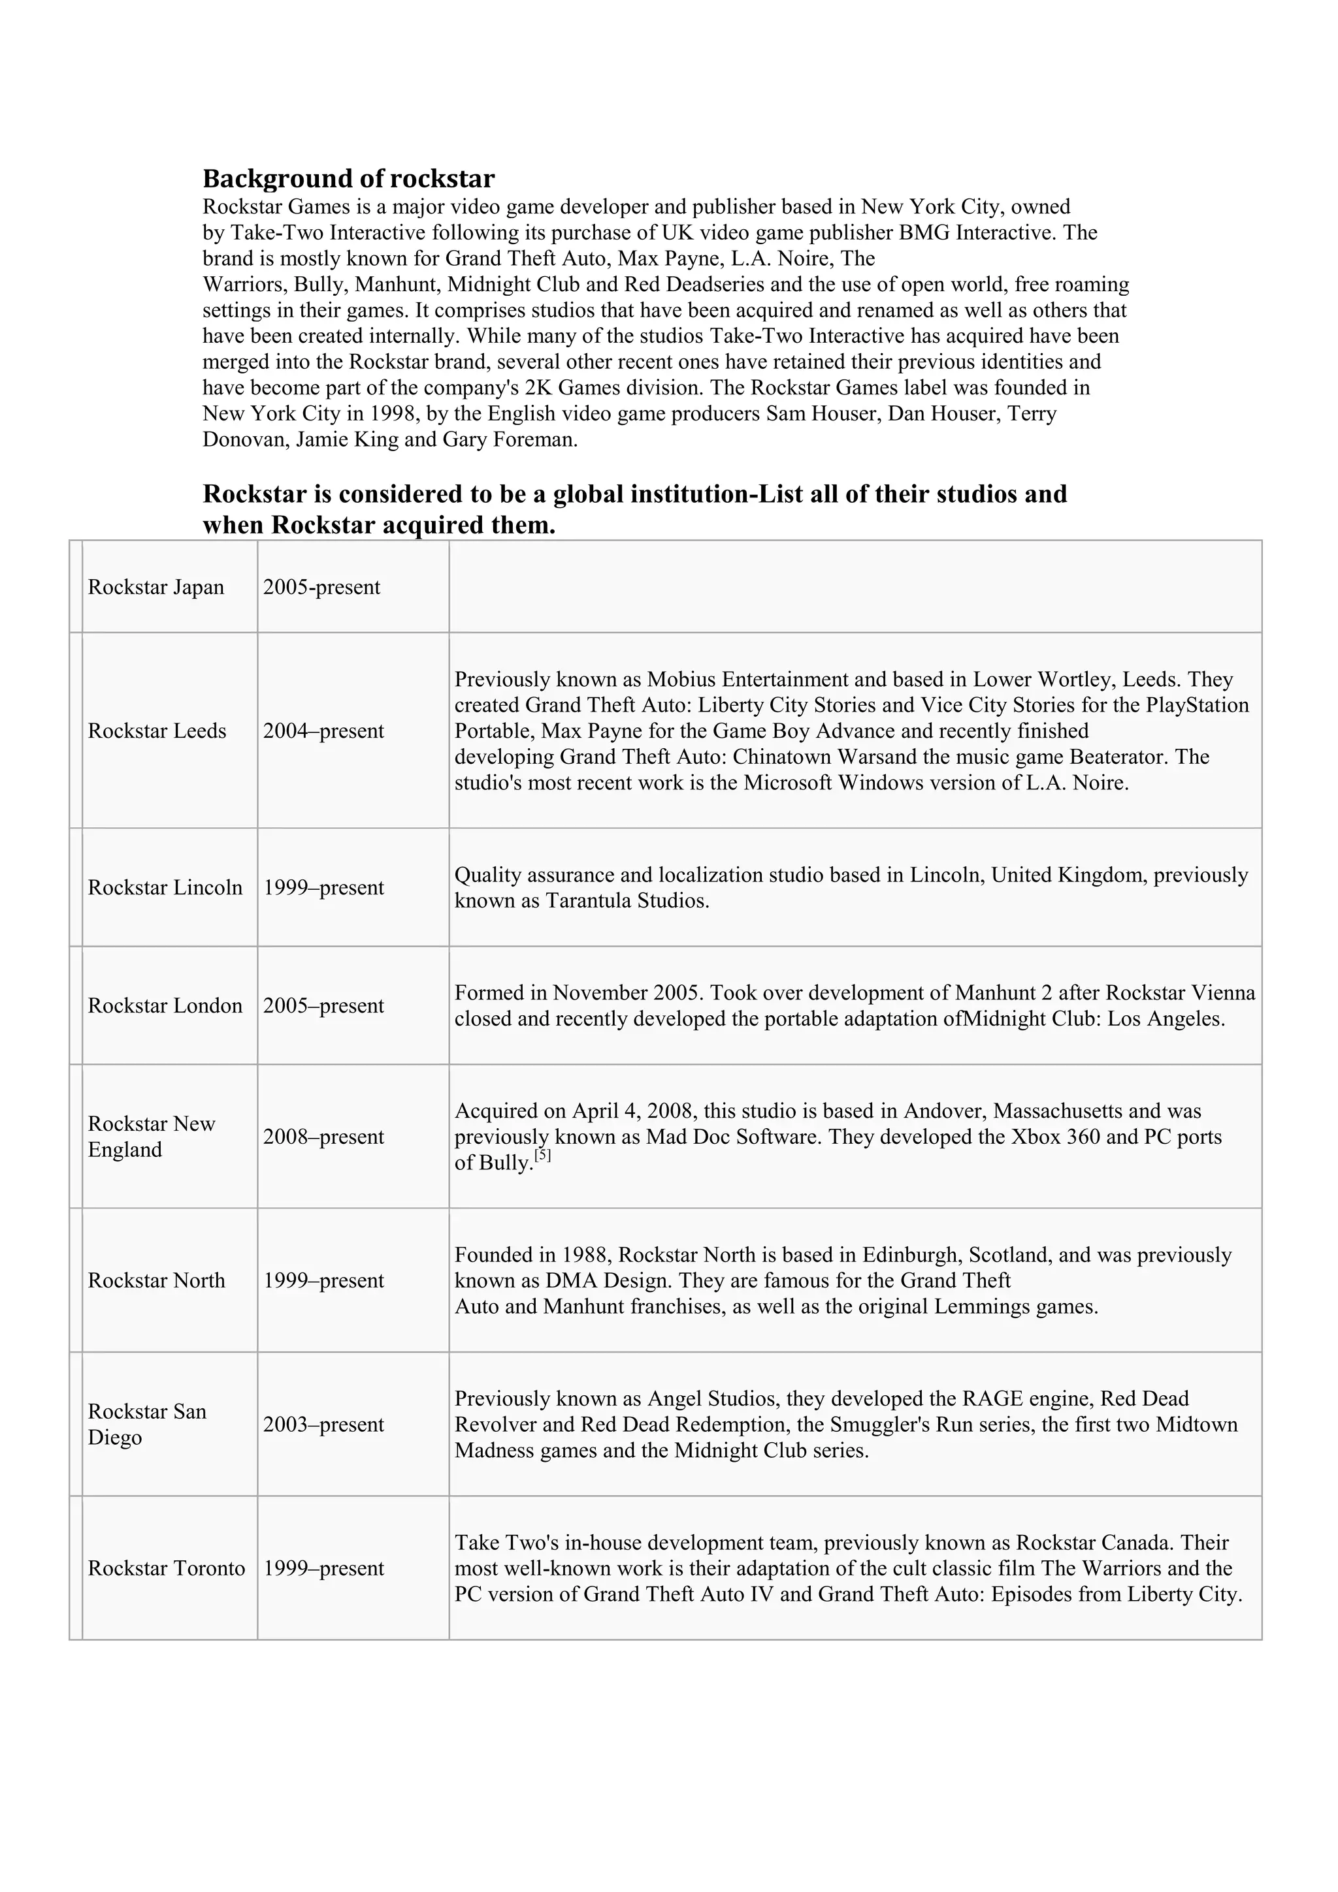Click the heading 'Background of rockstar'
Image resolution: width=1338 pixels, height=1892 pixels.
[349, 179]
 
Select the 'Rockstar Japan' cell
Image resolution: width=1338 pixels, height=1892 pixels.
[155, 588]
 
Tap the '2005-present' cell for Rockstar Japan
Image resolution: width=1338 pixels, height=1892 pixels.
[321, 588]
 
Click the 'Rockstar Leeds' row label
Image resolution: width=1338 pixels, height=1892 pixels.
[157, 731]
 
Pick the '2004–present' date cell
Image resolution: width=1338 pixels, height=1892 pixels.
[323, 731]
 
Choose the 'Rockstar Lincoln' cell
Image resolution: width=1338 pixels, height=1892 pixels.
[165, 887]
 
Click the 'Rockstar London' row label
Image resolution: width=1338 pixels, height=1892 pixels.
[165, 1005]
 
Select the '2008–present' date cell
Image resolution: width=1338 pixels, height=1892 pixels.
[323, 1137]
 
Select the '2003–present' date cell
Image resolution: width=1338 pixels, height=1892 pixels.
[323, 1424]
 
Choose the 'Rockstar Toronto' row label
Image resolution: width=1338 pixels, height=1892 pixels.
[167, 1568]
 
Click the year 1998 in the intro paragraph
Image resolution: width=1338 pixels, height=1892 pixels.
[391, 414]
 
